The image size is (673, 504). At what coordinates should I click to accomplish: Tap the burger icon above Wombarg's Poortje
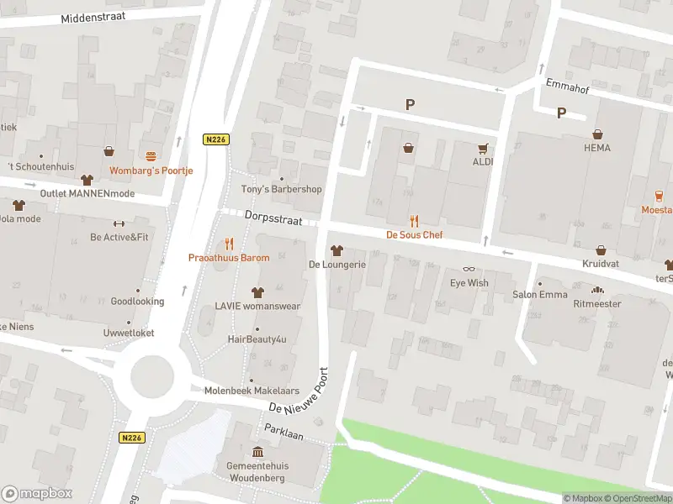[151, 156]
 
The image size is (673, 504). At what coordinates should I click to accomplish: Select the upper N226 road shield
[216, 139]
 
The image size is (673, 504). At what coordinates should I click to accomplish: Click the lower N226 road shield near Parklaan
[132, 438]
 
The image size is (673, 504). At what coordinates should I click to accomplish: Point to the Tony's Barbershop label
[282, 189]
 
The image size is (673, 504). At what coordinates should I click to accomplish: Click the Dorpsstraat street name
[272, 216]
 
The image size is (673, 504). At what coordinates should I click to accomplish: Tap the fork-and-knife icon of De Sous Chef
[414, 222]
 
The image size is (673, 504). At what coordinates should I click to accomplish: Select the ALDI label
[482, 161]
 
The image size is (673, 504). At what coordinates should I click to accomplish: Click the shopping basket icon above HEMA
[597, 134]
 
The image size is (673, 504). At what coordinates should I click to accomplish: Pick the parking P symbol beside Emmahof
[561, 113]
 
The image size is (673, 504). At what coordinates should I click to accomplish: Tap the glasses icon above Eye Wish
[469, 270]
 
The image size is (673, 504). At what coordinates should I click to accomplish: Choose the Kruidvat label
[601, 264]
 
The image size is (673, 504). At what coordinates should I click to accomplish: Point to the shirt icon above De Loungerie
[336, 250]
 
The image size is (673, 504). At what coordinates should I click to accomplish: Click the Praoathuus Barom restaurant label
[228, 258]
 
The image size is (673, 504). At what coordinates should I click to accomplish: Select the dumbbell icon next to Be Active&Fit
[119, 223]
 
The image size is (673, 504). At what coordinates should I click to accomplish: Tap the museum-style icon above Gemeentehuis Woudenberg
[257, 452]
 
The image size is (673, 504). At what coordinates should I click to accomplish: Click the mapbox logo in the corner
[37, 493]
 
